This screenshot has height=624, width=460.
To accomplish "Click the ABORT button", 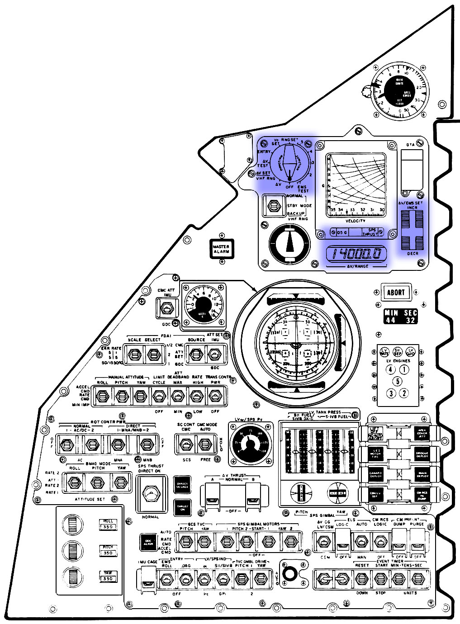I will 395,292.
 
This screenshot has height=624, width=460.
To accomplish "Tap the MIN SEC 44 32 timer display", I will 400,317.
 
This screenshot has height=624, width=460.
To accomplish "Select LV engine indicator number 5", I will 397,381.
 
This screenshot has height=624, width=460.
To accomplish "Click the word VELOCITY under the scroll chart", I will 356,221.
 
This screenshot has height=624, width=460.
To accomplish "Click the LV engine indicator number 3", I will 391,393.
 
